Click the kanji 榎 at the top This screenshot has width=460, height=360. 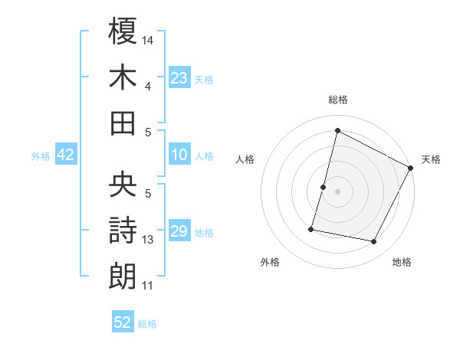click(123, 32)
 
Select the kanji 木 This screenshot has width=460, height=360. click(123, 77)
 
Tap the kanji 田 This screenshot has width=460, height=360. click(123, 123)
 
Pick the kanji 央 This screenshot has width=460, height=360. click(123, 184)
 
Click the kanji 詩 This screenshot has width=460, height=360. click(123, 230)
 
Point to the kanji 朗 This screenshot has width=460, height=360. click(123, 275)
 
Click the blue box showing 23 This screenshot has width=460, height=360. click(179, 77)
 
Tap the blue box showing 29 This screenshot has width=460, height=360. click(179, 231)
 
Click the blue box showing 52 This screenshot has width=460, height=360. click(123, 322)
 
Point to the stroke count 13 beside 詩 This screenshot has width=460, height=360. click(148, 240)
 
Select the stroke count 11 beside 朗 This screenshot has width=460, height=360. click(148, 286)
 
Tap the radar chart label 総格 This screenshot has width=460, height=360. click(337, 100)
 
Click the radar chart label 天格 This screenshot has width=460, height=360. click(431, 159)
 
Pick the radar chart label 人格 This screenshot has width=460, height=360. click(245, 159)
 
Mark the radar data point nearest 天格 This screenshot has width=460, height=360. click(411, 168)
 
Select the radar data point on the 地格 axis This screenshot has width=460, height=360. click(374, 242)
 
